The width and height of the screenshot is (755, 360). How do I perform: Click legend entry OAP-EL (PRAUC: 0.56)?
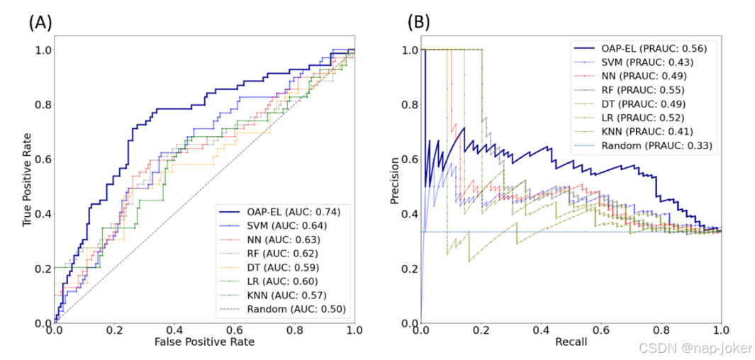click(x=642, y=48)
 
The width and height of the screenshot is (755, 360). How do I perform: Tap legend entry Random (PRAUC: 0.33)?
click(x=643, y=145)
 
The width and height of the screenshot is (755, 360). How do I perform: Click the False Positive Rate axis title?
click(x=204, y=342)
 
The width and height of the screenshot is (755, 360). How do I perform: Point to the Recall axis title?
click(x=571, y=342)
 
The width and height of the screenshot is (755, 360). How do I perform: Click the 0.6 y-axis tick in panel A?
click(x=43, y=159)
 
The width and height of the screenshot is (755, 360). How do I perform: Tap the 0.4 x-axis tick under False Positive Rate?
click(x=174, y=330)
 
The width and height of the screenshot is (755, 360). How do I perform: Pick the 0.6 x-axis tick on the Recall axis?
click(x=601, y=330)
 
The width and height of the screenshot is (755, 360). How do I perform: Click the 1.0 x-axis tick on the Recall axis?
click(x=721, y=330)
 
